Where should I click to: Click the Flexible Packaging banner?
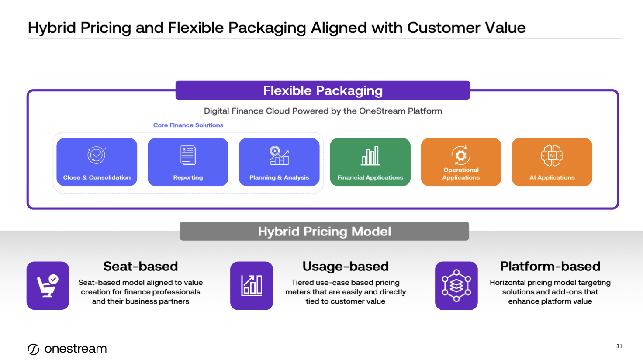[x=323, y=90]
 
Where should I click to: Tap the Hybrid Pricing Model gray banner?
[x=324, y=231]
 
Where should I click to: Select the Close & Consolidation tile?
[x=97, y=162]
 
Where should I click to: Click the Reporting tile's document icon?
[x=188, y=155]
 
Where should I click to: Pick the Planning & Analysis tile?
[x=279, y=162]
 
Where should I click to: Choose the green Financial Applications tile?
[x=370, y=162]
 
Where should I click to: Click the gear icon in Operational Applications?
[x=461, y=155]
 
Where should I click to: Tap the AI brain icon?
[x=552, y=156]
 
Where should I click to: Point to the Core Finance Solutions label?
[x=188, y=125]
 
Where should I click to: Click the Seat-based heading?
[x=141, y=266]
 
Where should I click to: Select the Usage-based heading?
[x=346, y=266]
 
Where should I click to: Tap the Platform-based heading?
[x=550, y=266]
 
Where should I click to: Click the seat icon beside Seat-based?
[x=48, y=286]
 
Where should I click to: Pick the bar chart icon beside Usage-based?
[x=252, y=286]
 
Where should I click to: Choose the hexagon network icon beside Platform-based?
[x=456, y=286]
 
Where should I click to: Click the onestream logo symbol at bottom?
[x=34, y=349]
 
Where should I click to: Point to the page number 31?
[x=619, y=346]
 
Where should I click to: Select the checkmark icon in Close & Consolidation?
[x=97, y=155]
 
